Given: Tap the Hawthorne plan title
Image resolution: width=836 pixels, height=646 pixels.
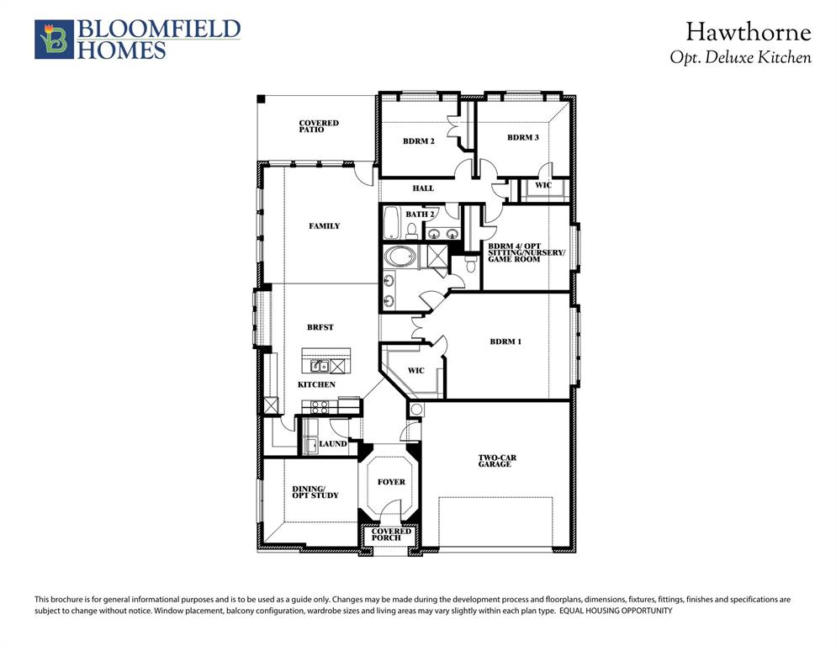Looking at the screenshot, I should pos(748,33).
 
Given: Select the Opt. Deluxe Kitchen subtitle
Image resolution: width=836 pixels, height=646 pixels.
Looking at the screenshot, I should pos(740,58).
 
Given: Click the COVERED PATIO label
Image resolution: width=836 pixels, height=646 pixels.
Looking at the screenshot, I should pos(319,126).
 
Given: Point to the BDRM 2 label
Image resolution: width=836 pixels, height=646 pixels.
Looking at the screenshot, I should pos(418,141).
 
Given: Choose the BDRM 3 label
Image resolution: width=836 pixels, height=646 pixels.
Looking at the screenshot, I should pos(522,137).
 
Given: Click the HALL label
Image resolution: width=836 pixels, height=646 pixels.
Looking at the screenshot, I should pos(422,188).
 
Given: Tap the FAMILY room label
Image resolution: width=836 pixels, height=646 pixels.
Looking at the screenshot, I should pos(324,225).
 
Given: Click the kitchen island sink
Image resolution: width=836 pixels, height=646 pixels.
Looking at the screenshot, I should pos(319,366).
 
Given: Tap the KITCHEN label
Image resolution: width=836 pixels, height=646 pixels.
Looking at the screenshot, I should pos(316,384).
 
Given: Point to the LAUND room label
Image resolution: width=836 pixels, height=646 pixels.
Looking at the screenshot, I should pos(333,443).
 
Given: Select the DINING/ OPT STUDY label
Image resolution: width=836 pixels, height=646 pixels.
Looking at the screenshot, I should pos(315,492).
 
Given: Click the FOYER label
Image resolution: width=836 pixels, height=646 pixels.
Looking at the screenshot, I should pos(391,482).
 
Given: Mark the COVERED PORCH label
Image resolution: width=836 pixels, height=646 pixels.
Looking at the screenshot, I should pos(391,535).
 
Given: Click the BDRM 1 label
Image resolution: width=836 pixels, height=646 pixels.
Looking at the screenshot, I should pos(505,342).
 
